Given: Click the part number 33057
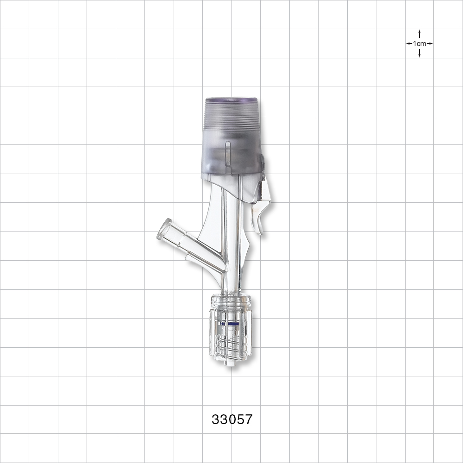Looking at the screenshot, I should click(x=232, y=419).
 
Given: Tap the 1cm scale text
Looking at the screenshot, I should click(x=419, y=44).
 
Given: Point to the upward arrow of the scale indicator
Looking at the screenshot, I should click(x=419, y=34).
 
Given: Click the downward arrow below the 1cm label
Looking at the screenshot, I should click(x=419, y=53).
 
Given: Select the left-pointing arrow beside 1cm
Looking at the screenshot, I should click(x=409, y=44).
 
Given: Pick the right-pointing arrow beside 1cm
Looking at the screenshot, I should click(x=430, y=44).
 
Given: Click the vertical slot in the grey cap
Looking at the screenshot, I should click(x=227, y=153).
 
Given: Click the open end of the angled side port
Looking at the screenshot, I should click(x=164, y=230).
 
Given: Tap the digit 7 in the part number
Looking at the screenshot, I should click(x=249, y=419).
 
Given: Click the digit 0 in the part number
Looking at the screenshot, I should click(x=232, y=419).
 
